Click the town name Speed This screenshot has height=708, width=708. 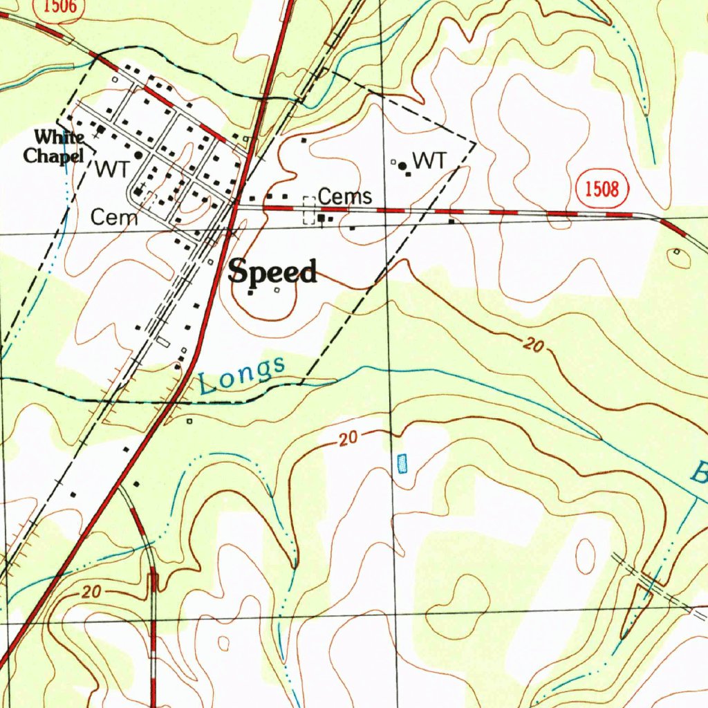click(x=272, y=271)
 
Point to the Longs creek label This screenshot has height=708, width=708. click(x=241, y=375)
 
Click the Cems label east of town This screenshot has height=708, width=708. click(x=345, y=196)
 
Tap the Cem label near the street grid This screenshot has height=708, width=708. click(x=114, y=218)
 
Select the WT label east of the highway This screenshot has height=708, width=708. click(x=429, y=161)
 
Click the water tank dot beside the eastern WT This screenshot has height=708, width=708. click(x=402, y=165)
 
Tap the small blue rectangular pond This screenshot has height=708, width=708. click(x=402, y=463)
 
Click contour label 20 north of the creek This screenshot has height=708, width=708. click(x=532, y=345)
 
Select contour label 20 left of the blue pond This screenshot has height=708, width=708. click(x=350, y=438)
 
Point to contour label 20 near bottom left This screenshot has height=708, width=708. click(x=91, y=593)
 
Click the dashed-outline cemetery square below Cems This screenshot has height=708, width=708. click(x=309, y=210)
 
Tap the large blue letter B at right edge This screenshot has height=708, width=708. click(x=700, y=475)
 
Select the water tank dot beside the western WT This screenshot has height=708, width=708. click(x=138, y=156)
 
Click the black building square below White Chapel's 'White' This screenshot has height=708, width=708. click(x=101, y=129)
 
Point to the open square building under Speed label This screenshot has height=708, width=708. click(x=277, y=290)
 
